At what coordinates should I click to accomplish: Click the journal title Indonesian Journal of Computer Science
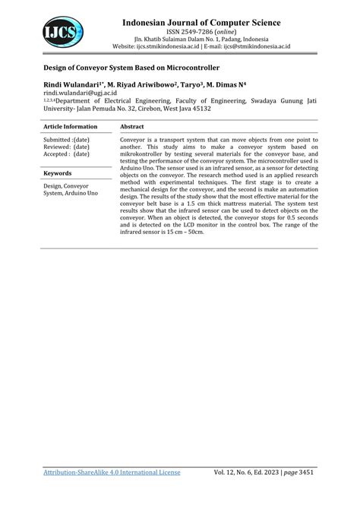201,24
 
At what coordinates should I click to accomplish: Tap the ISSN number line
201,33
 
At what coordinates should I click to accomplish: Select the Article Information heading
71,127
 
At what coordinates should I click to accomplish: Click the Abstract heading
132,127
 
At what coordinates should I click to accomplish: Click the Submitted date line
67,141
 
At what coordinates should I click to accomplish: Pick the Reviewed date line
67,147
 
